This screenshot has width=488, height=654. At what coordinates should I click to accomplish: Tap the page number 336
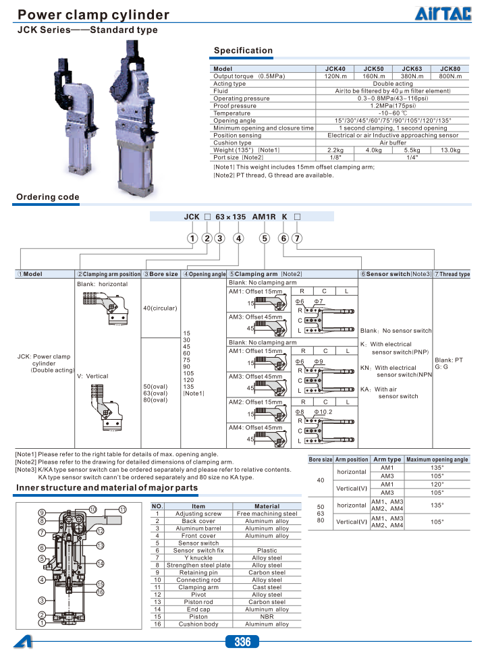[x=243, y=642]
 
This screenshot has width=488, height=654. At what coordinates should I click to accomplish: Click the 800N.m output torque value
[x=450, y=76]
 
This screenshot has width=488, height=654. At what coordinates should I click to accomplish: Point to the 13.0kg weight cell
[x=450, y=150]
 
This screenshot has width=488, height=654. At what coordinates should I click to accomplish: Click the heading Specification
[x=243, y=51]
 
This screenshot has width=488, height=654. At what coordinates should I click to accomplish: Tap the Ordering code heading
[x=48, y=197]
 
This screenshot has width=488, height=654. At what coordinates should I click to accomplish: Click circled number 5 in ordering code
[x=265, y=238]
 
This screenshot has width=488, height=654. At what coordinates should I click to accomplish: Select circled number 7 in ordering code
[x=297, y=238]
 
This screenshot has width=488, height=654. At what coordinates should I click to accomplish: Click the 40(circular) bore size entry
[x=160, y=308]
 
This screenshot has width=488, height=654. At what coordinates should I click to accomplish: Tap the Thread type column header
[x=454, y=274]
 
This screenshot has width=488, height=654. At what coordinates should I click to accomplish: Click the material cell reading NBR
[x=267, y=616]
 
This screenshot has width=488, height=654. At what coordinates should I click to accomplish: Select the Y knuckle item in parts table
[x=198, y=557]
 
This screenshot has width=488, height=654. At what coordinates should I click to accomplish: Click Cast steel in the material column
[x=267, y=587]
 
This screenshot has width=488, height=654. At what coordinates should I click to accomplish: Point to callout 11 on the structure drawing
[x=122, y=509]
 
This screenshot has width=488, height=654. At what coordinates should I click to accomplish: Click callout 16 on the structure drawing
[x=99, y=592]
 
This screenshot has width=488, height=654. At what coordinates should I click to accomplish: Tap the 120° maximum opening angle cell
[x=437, y=484]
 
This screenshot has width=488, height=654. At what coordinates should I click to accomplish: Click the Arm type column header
[x=387, y=459]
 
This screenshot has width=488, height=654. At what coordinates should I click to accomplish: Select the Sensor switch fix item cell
[x=198, y=550]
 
